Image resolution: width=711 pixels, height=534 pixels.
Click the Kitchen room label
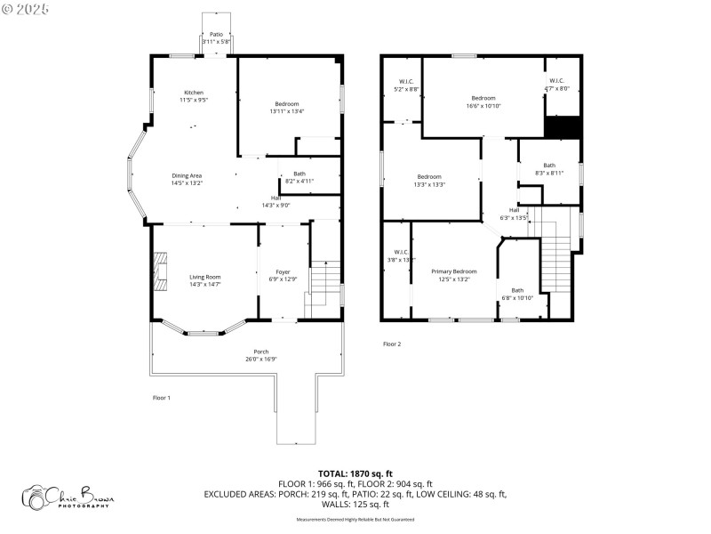point(194,93)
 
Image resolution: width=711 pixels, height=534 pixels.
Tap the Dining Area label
point(187,176)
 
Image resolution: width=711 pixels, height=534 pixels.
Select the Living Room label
point(204,278)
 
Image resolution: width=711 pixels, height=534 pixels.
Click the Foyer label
point(282,272)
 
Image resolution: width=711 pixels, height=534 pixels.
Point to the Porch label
point(261,352)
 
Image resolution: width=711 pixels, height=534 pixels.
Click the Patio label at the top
point(216,34)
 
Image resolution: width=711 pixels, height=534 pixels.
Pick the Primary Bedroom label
point(453,271)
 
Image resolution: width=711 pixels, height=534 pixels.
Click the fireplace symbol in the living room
point(160,271)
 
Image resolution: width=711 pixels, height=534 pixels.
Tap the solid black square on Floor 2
point(562,128)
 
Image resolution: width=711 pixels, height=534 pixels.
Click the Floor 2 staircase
point(555,258)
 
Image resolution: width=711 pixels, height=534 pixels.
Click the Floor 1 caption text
point(161,398)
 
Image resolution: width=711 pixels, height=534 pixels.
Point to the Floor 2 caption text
point(392,344)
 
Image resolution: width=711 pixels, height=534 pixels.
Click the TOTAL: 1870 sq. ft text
point(355,473)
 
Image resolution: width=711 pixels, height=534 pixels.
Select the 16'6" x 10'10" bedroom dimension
point(483,106)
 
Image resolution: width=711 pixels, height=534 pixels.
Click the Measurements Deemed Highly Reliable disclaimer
point(355,519)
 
